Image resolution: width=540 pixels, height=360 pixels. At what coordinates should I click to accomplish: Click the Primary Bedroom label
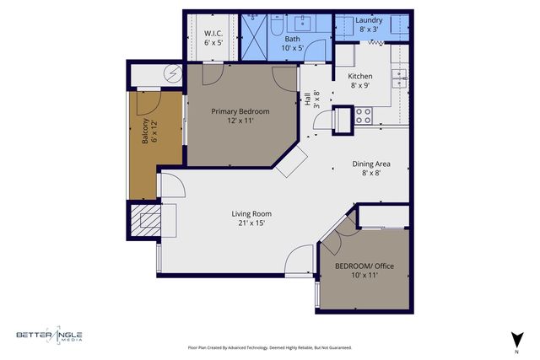click(x=240, y=111)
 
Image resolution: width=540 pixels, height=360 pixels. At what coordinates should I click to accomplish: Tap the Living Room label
click(x=251, y=213)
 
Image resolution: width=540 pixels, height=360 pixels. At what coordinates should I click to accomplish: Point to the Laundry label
click(x=369, y=20)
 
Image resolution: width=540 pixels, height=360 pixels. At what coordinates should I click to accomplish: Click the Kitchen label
click(x=360, y=76)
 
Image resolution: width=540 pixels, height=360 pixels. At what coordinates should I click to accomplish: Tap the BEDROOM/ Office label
click(x=364, y=266)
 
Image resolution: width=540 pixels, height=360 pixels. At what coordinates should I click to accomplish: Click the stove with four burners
click(x=364, y=116)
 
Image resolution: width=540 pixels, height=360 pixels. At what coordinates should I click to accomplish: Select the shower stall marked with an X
click(x=254, y=36)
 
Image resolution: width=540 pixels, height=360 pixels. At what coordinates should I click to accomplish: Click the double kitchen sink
click(x=399, y=78)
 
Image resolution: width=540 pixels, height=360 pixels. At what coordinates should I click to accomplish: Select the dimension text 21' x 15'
click(x=251, y=223)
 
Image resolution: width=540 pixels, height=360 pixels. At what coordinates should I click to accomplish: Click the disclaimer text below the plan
click(x=269, y=347)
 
